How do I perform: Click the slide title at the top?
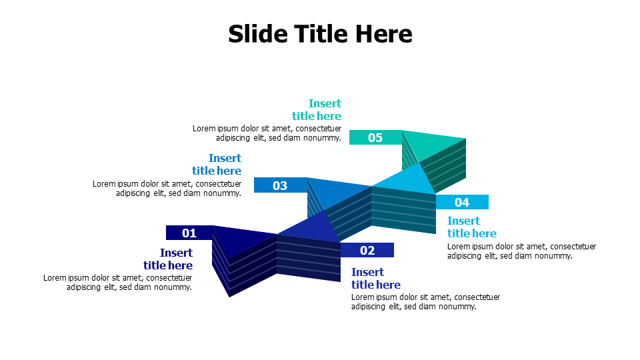click(320, 33)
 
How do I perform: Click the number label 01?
click(189, 233)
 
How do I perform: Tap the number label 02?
click(367, 250)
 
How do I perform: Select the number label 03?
click(280, 185)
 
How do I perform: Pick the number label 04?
click(462, 202)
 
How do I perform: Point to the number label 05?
click(375, 137)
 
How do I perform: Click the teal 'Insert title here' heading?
click(317, 110)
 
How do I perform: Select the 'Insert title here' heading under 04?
click(472, 227)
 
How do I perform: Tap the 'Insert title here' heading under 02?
click(376, 279)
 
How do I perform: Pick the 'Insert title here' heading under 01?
click(168, 259)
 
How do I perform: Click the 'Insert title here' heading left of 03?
click(217, 165)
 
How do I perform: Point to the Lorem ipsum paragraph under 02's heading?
click(425, 302)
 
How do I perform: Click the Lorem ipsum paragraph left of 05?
click(267, 133)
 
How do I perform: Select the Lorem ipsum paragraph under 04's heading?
click(521, 251)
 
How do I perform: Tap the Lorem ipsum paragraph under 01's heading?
click(118, 283)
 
